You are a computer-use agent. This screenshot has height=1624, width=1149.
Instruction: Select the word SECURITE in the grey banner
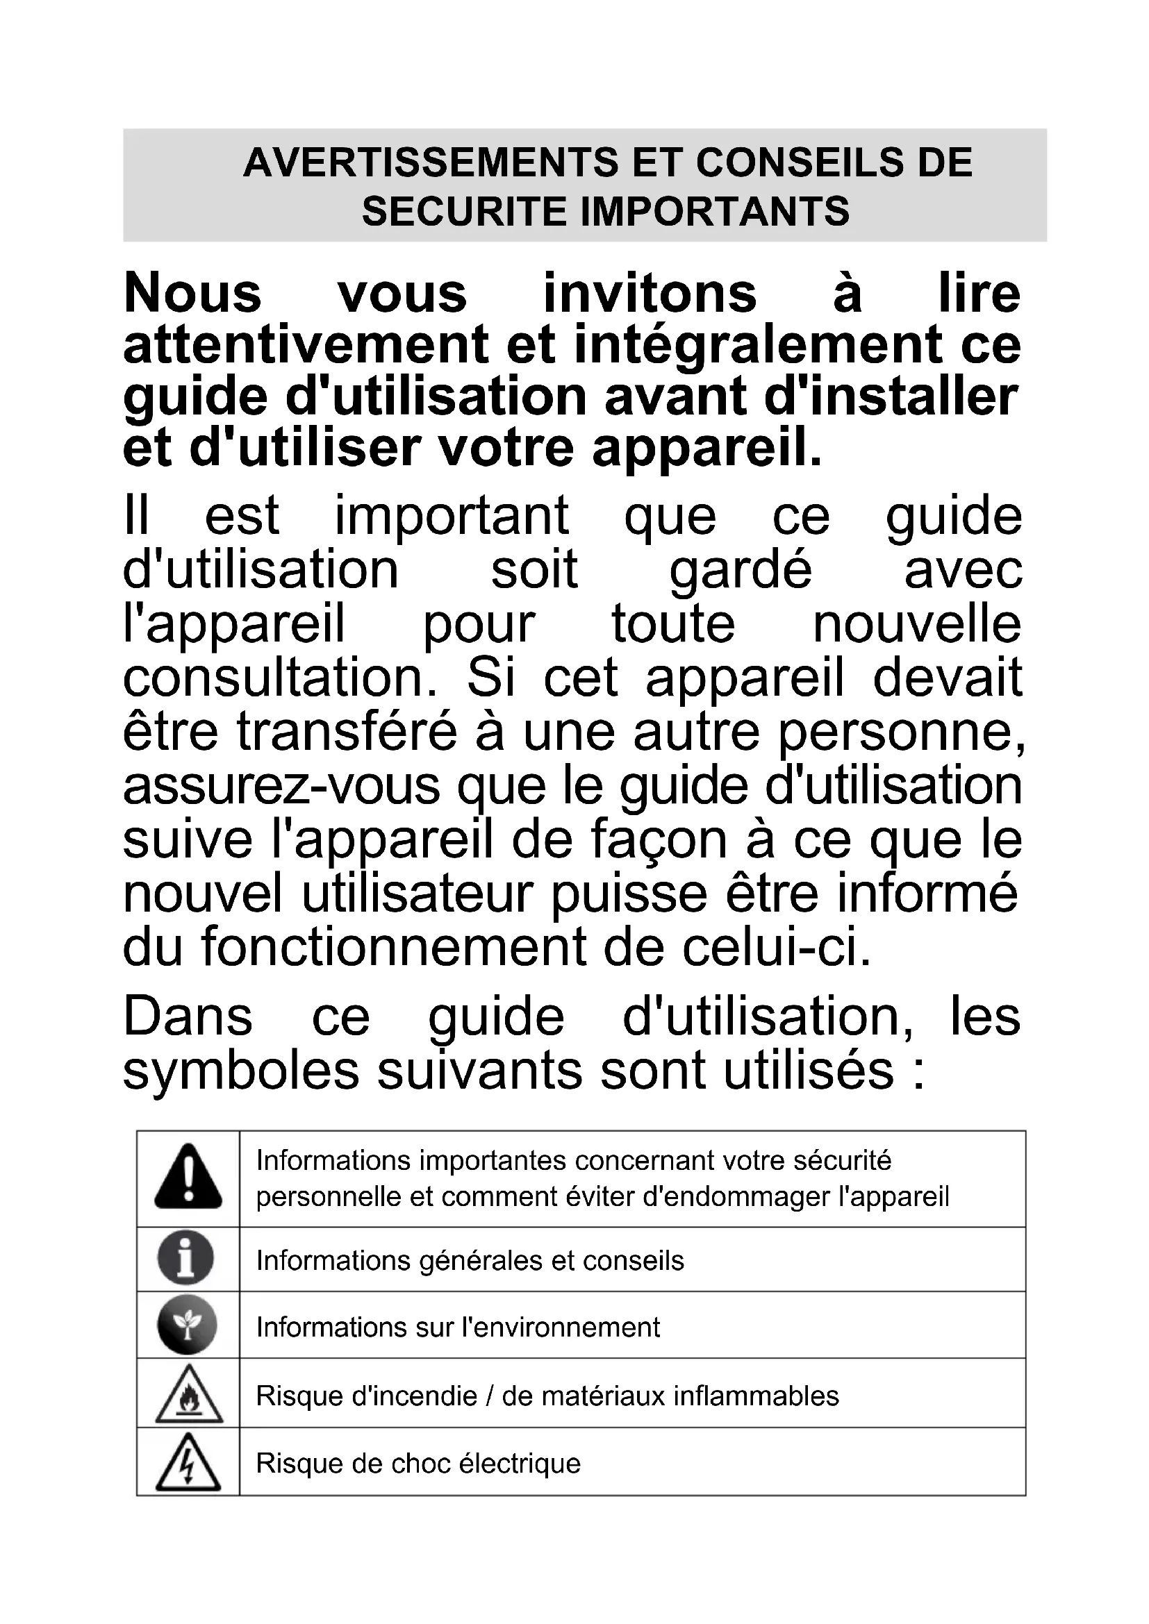[x=464, y=211]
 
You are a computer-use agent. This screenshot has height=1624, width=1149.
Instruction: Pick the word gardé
[x=740, y=569]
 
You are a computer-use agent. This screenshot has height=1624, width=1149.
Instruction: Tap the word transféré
[x=347, y=731]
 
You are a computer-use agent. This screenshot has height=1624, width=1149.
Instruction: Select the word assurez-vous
[x=281, y=786]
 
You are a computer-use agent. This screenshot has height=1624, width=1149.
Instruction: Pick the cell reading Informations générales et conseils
[x=470, y=1260]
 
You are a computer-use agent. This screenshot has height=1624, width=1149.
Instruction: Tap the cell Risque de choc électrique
[x=418, y=1463]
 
